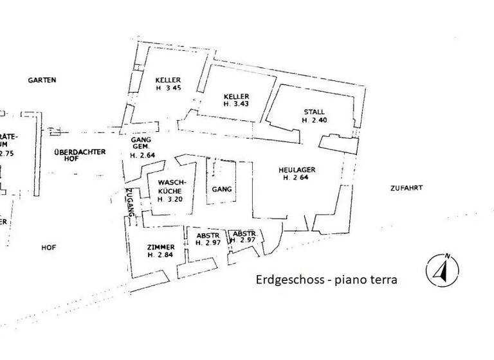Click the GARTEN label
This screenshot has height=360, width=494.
click(x=42, y=81)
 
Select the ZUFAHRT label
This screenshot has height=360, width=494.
click(x=406, y=188)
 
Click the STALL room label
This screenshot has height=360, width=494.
click(x=315, y=111)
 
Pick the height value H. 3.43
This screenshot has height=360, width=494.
click(x=236, y=104)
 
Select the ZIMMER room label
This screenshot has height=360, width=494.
click(x=160, y=247)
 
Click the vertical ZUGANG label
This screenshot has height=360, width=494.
click(x=130, y=204)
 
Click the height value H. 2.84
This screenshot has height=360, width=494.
click(x=160, y=255)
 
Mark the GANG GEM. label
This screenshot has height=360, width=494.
click(x=140, y=143)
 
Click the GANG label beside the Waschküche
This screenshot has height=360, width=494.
click(x=221, y=190)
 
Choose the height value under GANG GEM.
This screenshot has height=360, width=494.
click(x=142, y=155)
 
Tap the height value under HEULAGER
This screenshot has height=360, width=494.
click(x=297, y=178)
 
